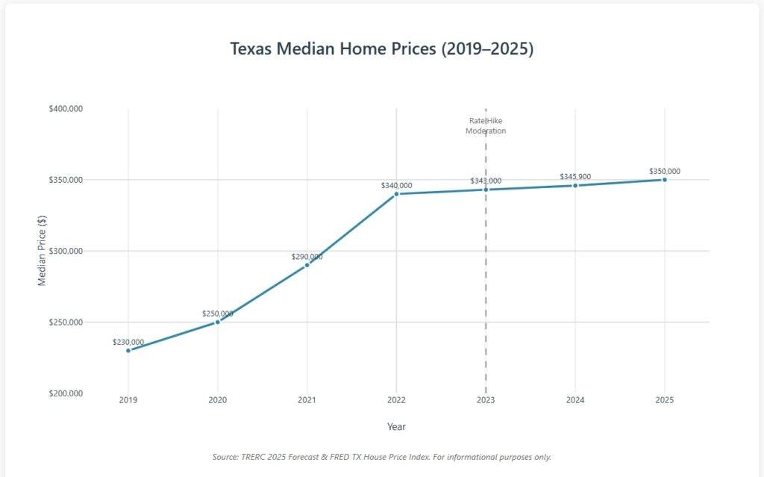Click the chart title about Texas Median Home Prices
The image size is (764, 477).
381,49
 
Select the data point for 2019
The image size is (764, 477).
128,350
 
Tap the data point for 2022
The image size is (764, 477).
396,194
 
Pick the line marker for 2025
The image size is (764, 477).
664,180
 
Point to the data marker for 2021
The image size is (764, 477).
307,265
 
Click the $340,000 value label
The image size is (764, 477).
396,185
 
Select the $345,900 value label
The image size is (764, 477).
575,176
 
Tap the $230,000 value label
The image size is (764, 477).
128,342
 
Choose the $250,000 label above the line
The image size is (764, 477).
217,314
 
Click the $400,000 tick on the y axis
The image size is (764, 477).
66,109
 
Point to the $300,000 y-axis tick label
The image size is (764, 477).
66,252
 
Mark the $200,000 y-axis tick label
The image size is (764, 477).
66,393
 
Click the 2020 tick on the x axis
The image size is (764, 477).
217,400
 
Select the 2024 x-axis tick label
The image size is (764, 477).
575,400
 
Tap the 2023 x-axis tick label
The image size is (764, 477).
486,400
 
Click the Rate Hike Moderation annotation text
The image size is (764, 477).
486,125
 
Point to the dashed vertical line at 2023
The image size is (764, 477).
486,299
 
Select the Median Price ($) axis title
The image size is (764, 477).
43,252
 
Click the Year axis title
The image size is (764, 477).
396,426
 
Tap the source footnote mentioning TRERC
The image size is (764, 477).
381,456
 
